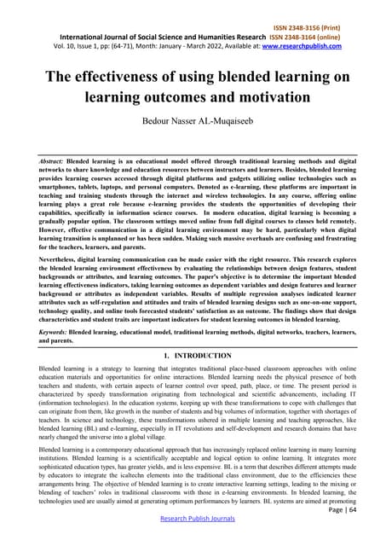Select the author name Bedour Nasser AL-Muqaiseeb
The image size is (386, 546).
coord(193,116)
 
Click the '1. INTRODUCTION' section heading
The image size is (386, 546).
coord(193,354)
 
